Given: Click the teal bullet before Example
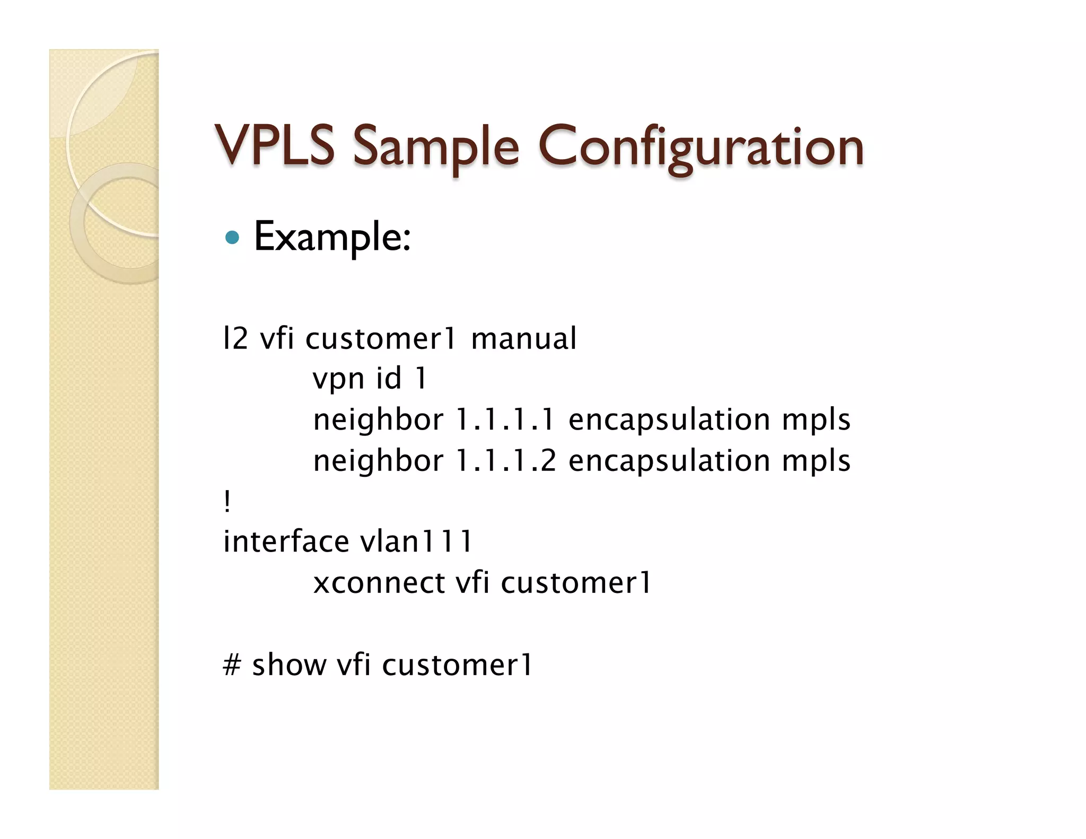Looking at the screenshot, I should [x=232, y=237].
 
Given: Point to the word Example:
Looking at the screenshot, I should [x=332, y=237].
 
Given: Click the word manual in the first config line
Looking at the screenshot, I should [x=523, y=338].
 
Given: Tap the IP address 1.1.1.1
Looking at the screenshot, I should [x=505, y=419].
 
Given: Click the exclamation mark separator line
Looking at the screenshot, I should [x=227, y=501].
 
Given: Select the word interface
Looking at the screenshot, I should [x=286, y=541].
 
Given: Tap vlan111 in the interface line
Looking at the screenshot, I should [x=416, y=541].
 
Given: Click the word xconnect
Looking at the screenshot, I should [x=379, y=583].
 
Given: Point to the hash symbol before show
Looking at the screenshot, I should [x=232, y=665].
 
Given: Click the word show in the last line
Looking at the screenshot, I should [x=289, y=665].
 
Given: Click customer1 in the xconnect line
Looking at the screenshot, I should [x=576, y=583].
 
